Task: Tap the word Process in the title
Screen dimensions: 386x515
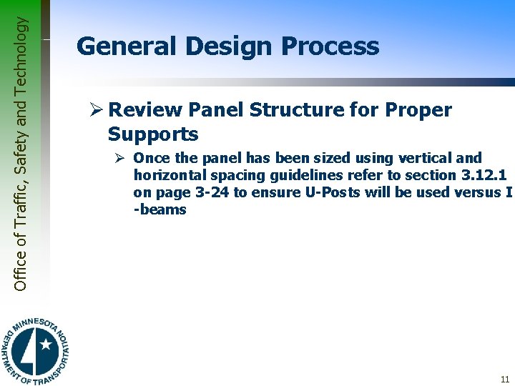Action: point(330,46)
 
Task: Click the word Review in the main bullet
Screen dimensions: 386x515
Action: point(144,110)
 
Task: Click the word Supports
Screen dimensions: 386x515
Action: point(152,134)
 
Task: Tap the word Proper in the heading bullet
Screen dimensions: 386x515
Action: point(418,110)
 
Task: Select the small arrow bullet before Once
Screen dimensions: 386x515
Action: point(122,158)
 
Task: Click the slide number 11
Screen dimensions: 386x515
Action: point(505,380)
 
